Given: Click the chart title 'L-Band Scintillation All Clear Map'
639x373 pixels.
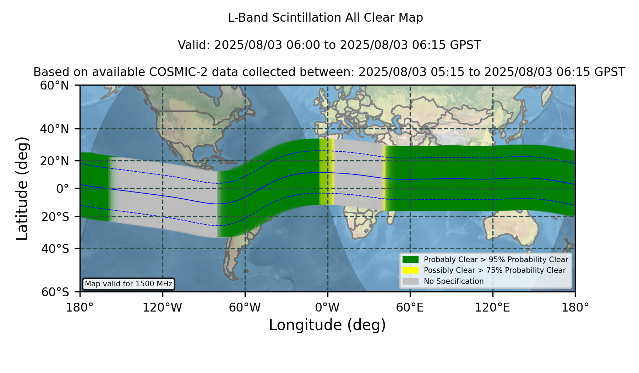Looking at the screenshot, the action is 326,18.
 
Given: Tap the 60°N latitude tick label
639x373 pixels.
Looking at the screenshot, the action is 54,85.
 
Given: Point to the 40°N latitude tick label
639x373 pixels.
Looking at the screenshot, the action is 54,129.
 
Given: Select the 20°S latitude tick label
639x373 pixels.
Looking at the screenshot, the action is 55,216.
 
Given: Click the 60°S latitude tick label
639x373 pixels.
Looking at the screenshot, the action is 55,292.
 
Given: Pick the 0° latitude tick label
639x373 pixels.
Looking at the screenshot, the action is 62,189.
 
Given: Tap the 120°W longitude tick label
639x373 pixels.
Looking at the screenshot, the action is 162,308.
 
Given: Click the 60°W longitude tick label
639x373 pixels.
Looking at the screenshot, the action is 245,308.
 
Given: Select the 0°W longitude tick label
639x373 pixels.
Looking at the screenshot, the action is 327,308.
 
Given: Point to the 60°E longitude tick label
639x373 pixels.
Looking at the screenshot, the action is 410,308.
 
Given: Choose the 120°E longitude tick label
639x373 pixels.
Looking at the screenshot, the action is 493,308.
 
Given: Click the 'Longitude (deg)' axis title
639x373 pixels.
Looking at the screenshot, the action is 327,325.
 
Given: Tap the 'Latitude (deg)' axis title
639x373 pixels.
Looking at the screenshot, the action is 22,188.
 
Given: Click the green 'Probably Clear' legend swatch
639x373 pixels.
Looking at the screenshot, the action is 410,259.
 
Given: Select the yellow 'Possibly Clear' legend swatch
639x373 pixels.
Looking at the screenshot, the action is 410,270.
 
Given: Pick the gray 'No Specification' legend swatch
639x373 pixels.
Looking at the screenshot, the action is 410,281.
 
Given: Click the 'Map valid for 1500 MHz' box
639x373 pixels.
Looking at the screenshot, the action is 129,284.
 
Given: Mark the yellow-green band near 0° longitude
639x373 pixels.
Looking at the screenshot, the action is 327,172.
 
